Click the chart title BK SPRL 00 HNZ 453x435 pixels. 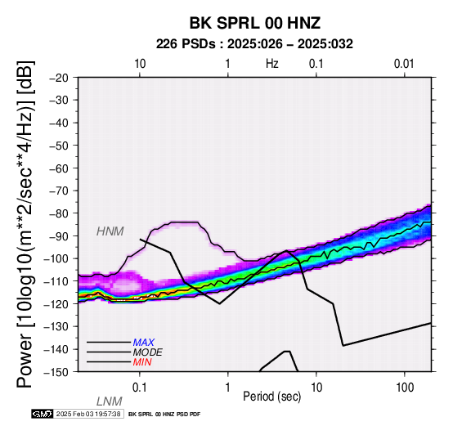click(x=255, y=23)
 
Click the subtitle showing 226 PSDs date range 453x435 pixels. click(x=254, y=44)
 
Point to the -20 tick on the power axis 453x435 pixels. click(x=59, y=78)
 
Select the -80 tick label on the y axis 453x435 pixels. click(x=59, y=213)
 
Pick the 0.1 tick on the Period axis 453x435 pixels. click(x=140, y=388)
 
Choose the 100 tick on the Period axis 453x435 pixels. click(x=405, y=388)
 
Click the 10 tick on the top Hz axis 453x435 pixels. click(x=140, y=64)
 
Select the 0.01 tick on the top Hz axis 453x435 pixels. click(x=404, y=64)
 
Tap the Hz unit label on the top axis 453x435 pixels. click(x=272, y=64)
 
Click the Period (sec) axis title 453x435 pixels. click(x=271, y=397)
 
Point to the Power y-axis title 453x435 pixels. click(x=25, y=224)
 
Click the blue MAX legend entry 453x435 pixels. click(x=144, y=343)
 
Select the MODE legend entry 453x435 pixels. click(x=148, y=352)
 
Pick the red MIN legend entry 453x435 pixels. click(x=142, y=362)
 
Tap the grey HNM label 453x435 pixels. click(x=110, y=231)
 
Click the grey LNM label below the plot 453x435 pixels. click(x=110, y=401)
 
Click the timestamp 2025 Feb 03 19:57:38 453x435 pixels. click(x=88, y=414)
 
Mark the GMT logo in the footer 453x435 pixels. click(x=43, y=414)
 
